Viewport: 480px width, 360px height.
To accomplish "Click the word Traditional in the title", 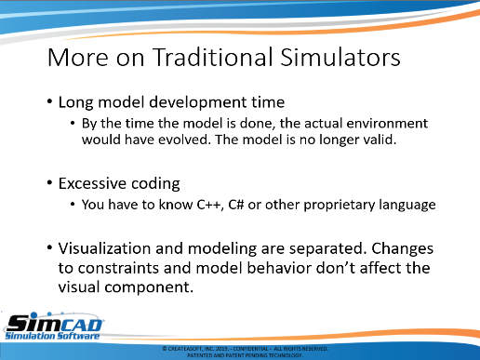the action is (x=213, y=58).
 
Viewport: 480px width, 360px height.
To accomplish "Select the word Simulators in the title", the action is (x=340, y=58).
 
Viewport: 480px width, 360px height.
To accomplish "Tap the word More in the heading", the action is (x=78, y=58).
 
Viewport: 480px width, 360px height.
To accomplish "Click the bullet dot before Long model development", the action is (x=49, y=101).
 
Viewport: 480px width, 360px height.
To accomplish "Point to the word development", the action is (x=197, y=102).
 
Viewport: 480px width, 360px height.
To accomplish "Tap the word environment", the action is (x=387, y=124).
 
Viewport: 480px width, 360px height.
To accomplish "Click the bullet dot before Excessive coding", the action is (x=49, y=182).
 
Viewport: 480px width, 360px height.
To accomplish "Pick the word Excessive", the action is (x=92, y=183).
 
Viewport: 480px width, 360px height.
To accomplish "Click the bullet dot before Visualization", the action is (x=49, y=247).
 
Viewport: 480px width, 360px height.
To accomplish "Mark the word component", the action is (x=149, y=287).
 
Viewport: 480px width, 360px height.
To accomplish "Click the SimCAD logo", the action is (x=53, y=327).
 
